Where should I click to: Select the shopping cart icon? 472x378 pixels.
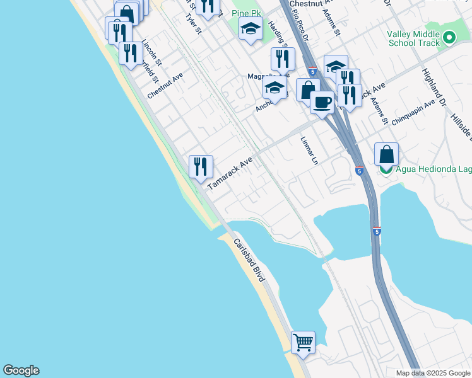(303, 342)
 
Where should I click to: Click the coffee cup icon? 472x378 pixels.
(322, 101)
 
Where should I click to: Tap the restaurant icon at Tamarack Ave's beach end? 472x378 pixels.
(201, 166)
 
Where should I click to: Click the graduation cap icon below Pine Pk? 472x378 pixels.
(251, 28)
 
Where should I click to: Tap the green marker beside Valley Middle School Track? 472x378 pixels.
(449, 37)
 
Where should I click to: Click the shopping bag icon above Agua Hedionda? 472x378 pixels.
(386, 154)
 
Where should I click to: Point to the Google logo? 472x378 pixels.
(21, 370)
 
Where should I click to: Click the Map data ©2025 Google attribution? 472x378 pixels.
(433, 373)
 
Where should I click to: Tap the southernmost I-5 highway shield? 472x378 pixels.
(377, 231)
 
